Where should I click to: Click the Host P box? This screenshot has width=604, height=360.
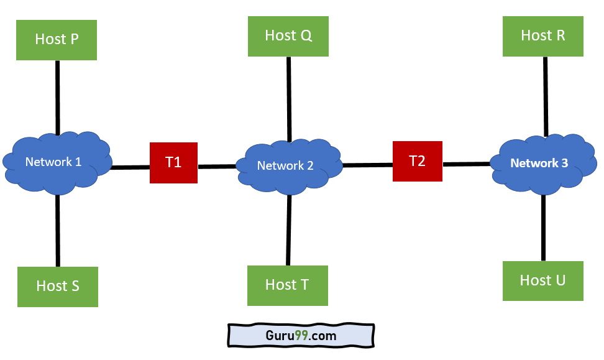pyautogui.click(x=57, y=40)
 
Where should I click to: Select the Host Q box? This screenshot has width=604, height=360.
pyautogui.click(x=288, y=36)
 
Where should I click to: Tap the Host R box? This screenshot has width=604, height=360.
pyautogui.click(x=543, y=36)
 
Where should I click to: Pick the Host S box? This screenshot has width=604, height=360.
pyautogui.click(x=58, y=286)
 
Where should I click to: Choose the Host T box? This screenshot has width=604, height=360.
pyautogui.click(x=287, y=285)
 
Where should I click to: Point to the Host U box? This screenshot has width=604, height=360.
pyautogui.click(x=543, y=280)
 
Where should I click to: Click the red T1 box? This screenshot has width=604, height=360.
pyautogui.click(x=173, y=163)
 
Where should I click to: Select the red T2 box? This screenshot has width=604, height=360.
pyautogui.click(x=417, y=161)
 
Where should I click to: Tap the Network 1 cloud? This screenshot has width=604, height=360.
pyautogui.click(x=57, y=162)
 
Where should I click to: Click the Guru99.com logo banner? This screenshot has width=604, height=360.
pyautogui.click(x=301, y=336)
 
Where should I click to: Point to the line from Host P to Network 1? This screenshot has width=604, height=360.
pyautogui.click(x=57, y=96)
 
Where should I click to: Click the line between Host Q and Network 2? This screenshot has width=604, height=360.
pyautogui.click(x=288, y=99)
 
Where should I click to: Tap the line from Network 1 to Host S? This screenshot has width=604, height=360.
pyautogui.click(x=58, y=230)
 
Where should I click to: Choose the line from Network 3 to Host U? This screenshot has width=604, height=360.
pyautogui.click(x=543, y=228)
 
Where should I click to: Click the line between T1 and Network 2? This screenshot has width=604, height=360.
pyautogui.click(x=217, y=166)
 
